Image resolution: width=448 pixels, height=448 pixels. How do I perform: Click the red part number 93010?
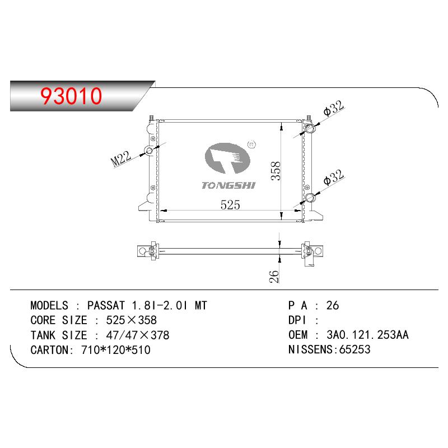click(x=71, y=96)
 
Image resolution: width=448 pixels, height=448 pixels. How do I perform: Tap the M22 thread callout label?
click(x=121, y=158)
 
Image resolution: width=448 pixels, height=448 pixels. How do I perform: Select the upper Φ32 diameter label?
click(x=334, y=108)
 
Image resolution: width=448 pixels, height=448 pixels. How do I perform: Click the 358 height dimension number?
click(x=276, y=171)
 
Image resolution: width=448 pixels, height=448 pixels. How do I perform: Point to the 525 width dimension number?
click(x=230, y=205)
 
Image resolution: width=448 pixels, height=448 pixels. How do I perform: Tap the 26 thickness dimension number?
click(x=274, y=276)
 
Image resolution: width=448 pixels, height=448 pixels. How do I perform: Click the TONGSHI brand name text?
click(x=228, y=185)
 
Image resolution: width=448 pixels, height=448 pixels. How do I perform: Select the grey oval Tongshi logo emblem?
click(x=227, y=158)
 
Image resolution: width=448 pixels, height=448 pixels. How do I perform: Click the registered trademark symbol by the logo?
click(x=251, y=144)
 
